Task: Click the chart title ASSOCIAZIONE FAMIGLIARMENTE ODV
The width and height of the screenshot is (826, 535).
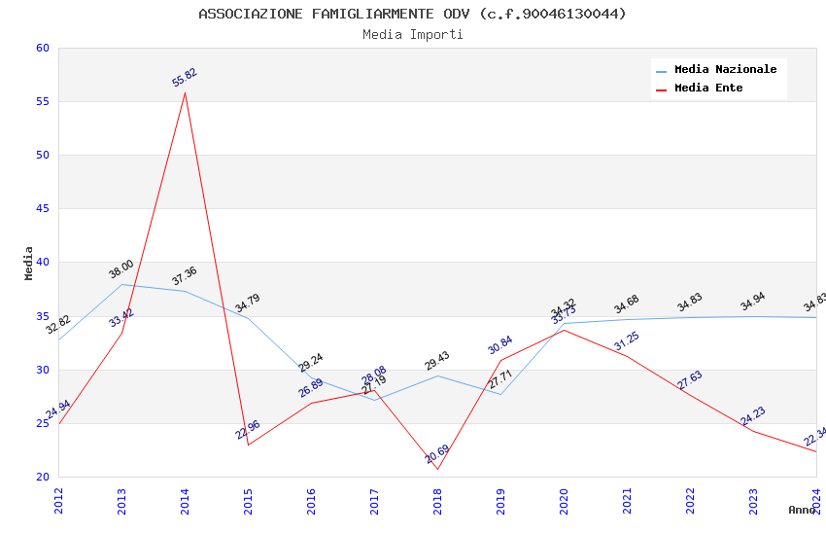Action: coord(412,14)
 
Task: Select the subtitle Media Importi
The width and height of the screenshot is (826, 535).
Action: coord(412,34)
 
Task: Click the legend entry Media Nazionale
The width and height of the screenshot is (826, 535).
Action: coord(725,69)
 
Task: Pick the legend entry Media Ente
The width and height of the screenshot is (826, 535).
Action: coord(708,88)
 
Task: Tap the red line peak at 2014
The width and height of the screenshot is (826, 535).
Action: coord(185,92)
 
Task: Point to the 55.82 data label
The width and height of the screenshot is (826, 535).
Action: coord(185,78)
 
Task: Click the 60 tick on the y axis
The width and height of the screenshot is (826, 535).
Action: coord(42,48)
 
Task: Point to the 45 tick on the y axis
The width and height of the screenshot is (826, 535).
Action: coord(42,208)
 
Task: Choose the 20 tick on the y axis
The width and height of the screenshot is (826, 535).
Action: coord(42,477)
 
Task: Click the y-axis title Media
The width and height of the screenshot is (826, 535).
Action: coord(29,263)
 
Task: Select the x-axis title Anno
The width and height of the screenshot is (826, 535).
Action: coord(802,510)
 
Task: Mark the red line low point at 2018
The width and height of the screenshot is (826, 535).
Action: coord(437,470)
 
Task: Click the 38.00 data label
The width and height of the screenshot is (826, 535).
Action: coord(121,269)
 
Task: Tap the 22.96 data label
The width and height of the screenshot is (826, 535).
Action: coord(248,430)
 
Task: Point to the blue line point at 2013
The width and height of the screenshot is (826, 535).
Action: coord(121,284)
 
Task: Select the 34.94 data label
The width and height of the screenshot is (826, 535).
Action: coord(753,302)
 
